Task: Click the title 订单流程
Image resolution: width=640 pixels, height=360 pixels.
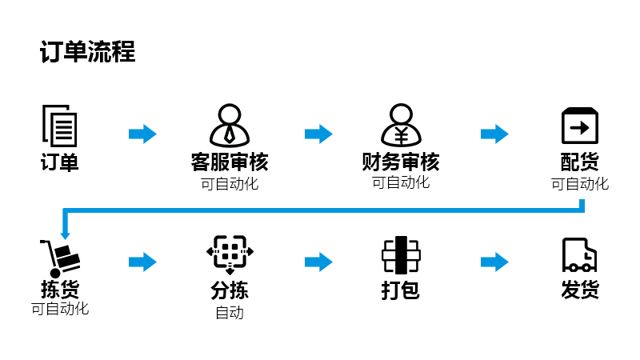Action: point(88,52)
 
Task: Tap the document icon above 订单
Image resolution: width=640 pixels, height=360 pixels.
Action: point(59,126)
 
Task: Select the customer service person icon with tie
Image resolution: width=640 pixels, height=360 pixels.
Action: point(230,126)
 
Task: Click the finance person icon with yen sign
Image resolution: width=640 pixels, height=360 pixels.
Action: point(401,126)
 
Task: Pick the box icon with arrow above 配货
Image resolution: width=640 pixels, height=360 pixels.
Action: point(579,126)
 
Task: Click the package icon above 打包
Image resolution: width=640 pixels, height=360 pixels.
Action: point(401,255)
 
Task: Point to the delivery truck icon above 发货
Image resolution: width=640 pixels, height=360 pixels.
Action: point(579,255)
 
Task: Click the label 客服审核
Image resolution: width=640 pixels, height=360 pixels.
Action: point(230,162)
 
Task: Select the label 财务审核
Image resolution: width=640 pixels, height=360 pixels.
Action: point(401,162)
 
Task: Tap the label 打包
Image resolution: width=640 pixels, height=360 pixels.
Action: point(401,290)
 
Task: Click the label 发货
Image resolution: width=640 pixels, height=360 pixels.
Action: point(580,290)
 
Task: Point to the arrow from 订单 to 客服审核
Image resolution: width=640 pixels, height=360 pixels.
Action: point(142,134)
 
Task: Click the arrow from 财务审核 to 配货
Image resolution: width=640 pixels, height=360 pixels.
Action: point(494,134)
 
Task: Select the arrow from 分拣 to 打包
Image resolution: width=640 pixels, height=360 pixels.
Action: point(318,262)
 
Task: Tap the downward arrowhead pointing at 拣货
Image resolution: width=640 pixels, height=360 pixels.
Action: point(66,235)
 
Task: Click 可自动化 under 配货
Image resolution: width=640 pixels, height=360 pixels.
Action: point(579,184)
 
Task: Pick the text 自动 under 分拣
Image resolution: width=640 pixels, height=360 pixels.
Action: point(230,313)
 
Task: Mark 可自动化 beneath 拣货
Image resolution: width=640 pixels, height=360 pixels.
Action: point(60,309)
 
